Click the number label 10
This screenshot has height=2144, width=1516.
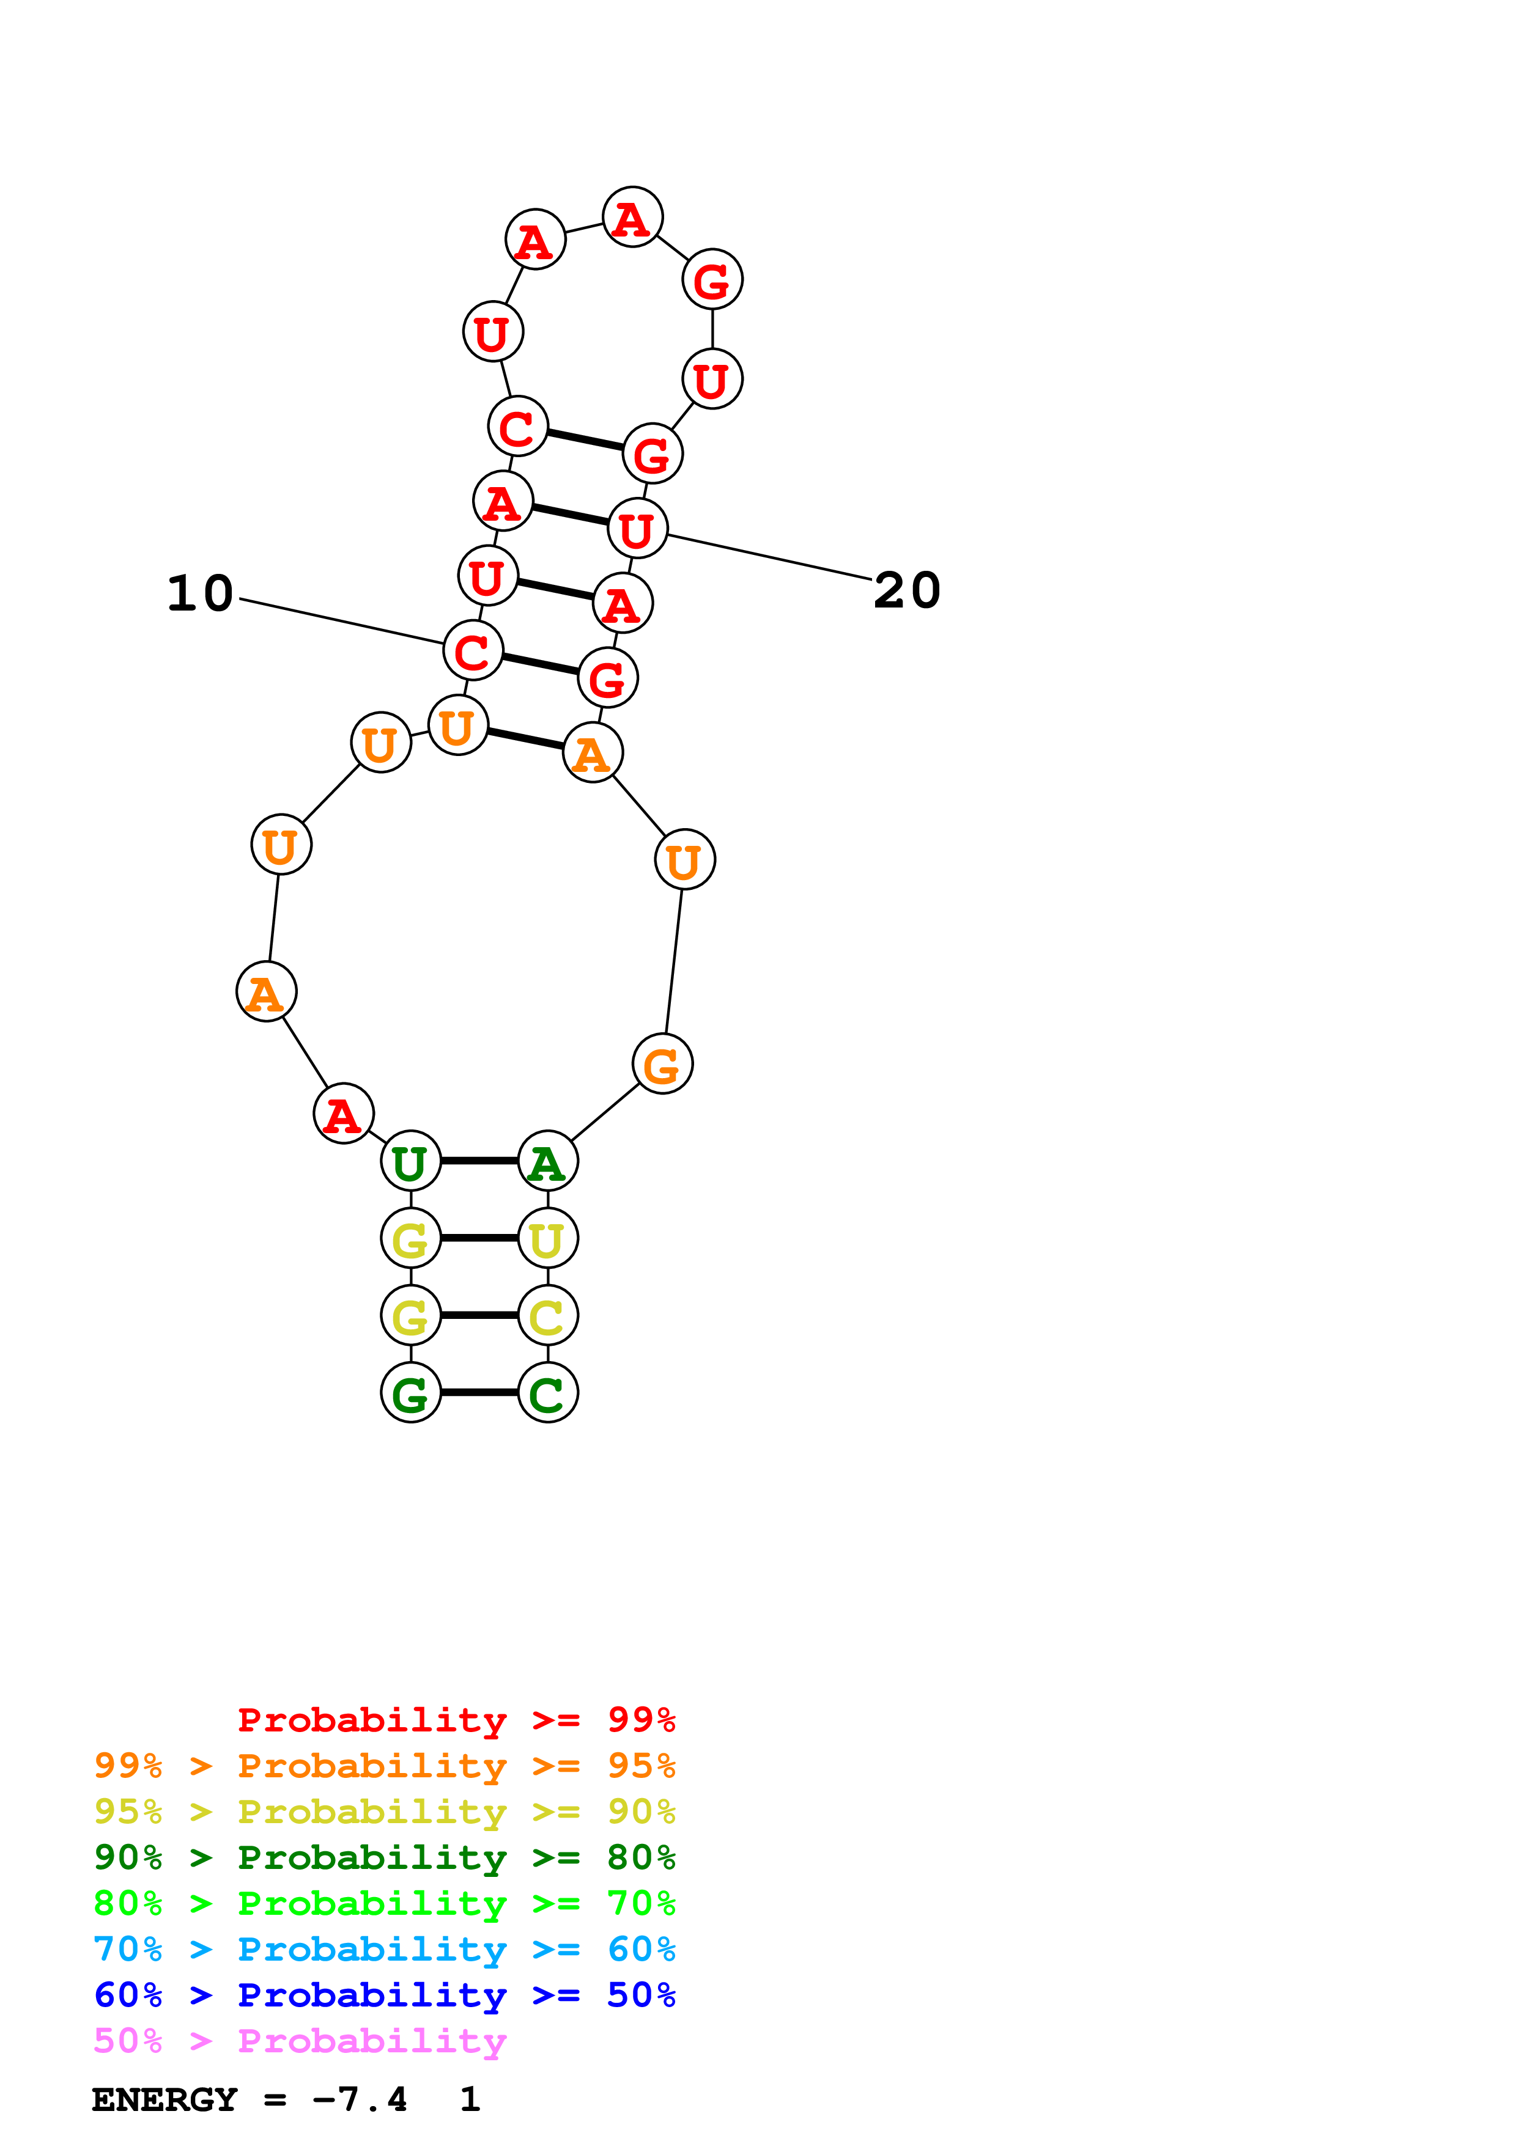pos(200,594)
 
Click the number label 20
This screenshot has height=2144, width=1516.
pos(906,591)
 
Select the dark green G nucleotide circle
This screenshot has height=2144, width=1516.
pos(410,1392)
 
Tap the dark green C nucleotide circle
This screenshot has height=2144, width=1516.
pos(549,1392)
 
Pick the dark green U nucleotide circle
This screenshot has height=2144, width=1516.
pos(410,1161)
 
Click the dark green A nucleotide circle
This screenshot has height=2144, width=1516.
pos(549,1161)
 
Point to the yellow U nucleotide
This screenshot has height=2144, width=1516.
pos(549,1238)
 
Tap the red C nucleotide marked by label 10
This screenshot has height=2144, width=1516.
pos(473,651)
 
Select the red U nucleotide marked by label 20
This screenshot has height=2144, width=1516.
pos(637,529)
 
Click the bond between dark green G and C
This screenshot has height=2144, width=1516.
pos(479,1392)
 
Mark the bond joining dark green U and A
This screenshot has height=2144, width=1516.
pos(479,1161)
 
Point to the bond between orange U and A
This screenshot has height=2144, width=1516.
pos(525,739)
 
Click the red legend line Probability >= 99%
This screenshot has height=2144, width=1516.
pos(456,1719)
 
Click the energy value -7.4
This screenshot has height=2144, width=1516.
pos(360,2100)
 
